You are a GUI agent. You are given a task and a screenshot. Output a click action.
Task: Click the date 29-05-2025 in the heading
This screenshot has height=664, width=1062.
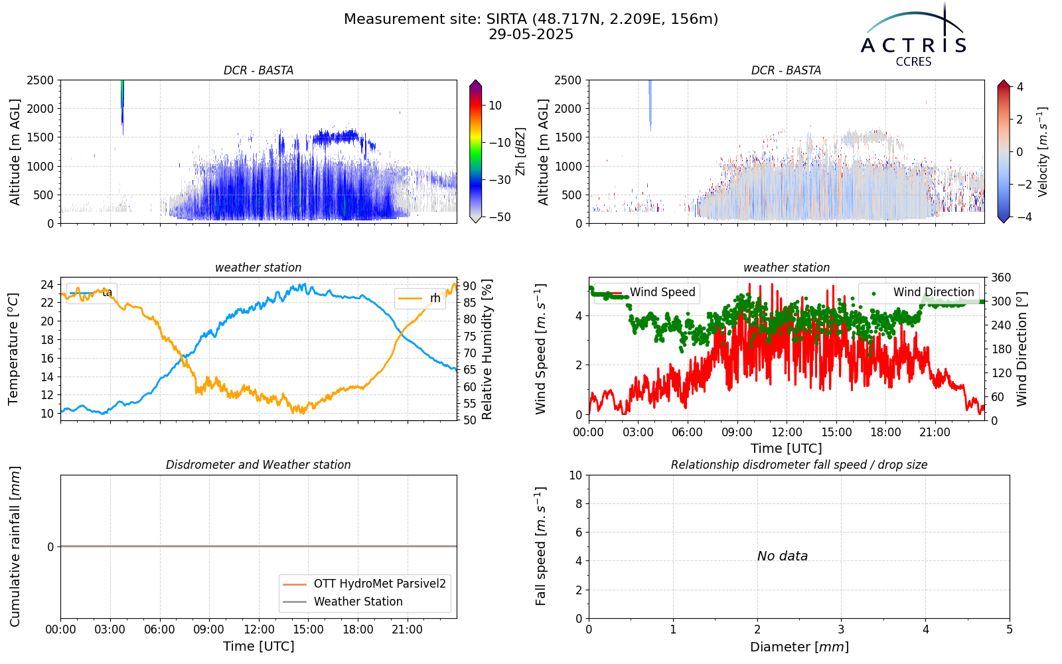coord(531,35)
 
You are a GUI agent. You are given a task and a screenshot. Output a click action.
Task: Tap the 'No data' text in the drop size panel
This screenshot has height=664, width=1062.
coord(783,556)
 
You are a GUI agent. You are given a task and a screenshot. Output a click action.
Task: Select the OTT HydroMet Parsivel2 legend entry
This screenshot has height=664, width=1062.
coord(364,584)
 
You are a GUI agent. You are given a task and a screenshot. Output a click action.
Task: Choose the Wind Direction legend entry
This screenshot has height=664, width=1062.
coord(918,292)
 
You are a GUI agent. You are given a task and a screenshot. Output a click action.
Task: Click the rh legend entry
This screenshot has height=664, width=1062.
coord(420,298)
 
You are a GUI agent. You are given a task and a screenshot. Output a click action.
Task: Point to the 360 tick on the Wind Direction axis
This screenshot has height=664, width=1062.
coord(1001,278)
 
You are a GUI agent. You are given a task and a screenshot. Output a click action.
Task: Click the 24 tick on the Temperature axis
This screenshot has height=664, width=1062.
coord(47,285)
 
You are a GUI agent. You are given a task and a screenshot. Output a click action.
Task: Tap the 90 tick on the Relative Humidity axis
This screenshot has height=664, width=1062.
coord(470,286)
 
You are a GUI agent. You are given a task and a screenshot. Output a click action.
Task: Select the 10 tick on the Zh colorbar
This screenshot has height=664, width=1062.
coord(495,106)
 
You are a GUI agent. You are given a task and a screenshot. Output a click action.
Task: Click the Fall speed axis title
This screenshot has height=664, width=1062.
coord(540,546)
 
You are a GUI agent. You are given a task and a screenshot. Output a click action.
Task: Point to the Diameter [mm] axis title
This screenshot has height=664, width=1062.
coord(799,647)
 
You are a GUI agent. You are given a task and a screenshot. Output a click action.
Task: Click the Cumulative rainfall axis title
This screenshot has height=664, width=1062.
coord(14,546)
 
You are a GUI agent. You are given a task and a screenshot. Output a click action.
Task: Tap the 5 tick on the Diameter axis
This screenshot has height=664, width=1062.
coord(1010,630)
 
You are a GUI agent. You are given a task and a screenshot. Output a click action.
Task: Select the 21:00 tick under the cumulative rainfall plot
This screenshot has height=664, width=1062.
coord(408,630)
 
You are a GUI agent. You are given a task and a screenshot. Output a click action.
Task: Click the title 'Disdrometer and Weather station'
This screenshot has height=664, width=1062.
coord(258,465)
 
